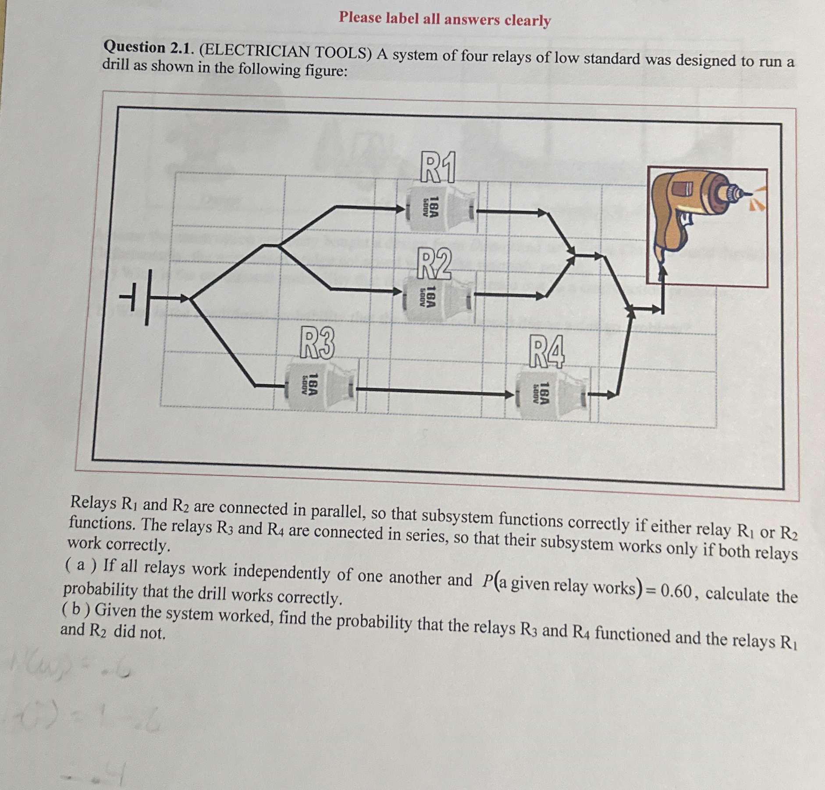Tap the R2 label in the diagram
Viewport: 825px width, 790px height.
click(x=434, y=264)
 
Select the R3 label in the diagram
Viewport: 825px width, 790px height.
click(x=317, y=344)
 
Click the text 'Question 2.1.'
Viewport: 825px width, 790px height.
click(x=148, y=47)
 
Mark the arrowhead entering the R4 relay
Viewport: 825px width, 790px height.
click(x=510, y=394)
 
